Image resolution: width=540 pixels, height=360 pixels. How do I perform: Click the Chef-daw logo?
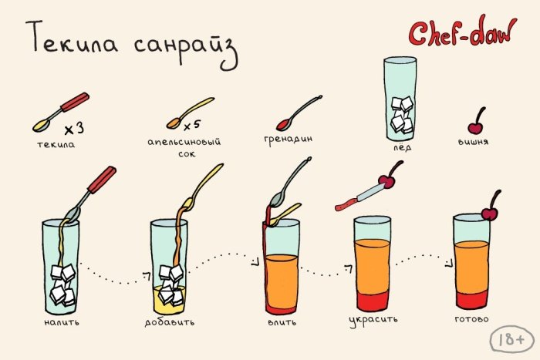coord(463,32)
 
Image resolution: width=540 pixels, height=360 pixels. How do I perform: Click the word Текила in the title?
coord(72,38)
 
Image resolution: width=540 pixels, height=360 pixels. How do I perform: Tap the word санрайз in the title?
coord(186,48)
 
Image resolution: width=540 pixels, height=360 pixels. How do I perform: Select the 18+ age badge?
coord(512,339)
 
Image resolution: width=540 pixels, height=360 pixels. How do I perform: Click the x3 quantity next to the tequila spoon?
coord(74,129)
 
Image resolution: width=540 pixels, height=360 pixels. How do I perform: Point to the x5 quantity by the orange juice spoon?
coord(191,126)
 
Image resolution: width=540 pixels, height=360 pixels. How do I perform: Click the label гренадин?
coord(289,140)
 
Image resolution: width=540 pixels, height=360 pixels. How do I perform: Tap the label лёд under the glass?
coord(403,147)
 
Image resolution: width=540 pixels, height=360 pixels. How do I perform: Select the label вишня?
coord(473,141)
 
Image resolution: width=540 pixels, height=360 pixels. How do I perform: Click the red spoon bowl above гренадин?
coord(284,125)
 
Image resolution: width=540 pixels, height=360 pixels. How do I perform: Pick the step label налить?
coord(62,322)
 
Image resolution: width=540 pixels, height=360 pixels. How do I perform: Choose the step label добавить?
coord(170,322)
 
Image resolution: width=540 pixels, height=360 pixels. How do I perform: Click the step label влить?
coord(282,322)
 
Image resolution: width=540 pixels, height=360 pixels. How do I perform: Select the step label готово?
coord(471,319)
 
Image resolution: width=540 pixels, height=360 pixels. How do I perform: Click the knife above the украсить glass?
coord(360,197)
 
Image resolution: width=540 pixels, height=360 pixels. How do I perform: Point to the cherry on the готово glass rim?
coord(490,213)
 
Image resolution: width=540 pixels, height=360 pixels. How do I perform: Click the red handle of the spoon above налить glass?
coord(102,180)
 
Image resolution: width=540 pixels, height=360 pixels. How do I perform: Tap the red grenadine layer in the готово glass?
coord(472,299)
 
